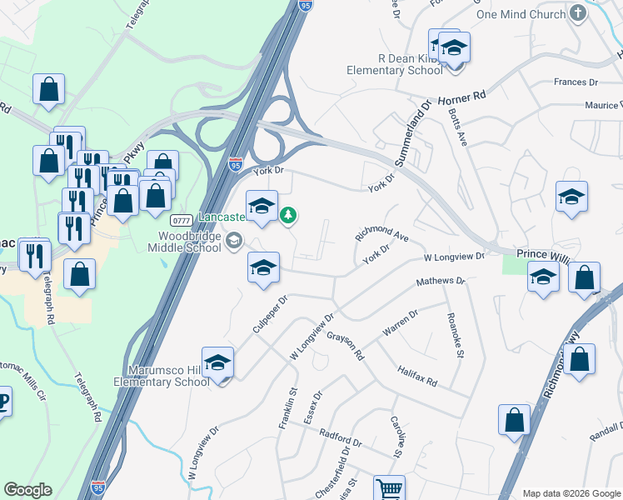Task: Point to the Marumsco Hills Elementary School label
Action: pos(169,375)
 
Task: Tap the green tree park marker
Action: pos(288,216)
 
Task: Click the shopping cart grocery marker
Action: pos(389,488)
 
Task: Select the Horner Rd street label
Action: pos(461,97)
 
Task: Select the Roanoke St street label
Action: pos(454,334)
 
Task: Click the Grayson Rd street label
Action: pos(346,346)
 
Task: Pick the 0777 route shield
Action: pos(182,220)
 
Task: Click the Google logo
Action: pos(27,490)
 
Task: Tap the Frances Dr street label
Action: pos(576,82)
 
